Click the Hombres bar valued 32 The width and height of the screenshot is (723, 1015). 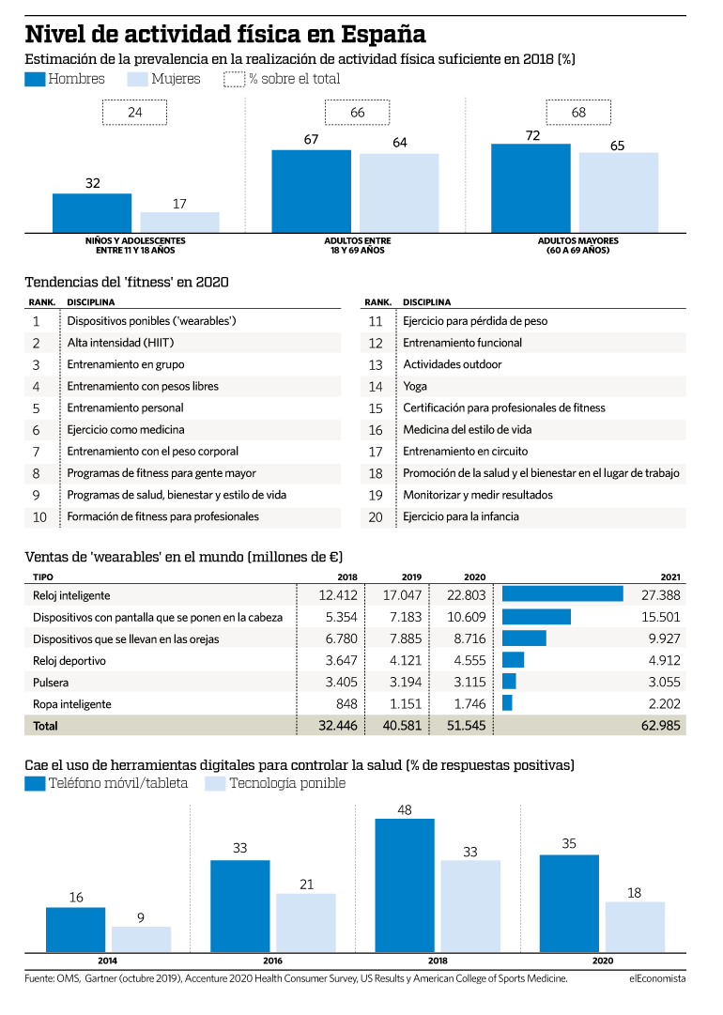coord(92,213)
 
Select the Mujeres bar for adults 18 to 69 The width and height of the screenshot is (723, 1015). coord(399,192)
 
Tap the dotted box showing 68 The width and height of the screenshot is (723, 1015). coord(578,112)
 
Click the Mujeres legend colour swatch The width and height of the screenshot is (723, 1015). coord(138,79)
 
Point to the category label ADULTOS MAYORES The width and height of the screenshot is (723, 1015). coord(578,240)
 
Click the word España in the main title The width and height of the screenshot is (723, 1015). coord(383,34)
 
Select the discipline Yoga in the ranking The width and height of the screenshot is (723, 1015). coord(415,387)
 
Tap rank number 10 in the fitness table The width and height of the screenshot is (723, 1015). coord(39,517)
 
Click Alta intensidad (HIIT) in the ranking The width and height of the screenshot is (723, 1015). coord(120,343)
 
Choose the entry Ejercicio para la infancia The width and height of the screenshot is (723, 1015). coord(461,516)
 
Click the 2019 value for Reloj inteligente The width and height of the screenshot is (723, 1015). coord(402,595)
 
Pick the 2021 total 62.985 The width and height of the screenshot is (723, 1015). coord(660,726)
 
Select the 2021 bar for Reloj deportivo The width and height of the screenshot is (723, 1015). coord(514,660)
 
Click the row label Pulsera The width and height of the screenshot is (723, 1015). coord(51,683)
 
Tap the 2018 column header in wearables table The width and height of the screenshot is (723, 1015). coord(347,577)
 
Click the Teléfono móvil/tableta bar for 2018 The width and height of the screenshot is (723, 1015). coord(405,885)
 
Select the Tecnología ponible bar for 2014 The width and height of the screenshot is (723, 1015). coord(141,939)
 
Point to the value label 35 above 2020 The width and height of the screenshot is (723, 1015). coord(569,843)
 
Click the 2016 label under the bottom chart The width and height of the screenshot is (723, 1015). coord(272,961)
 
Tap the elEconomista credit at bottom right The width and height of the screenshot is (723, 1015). coord(657,978)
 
